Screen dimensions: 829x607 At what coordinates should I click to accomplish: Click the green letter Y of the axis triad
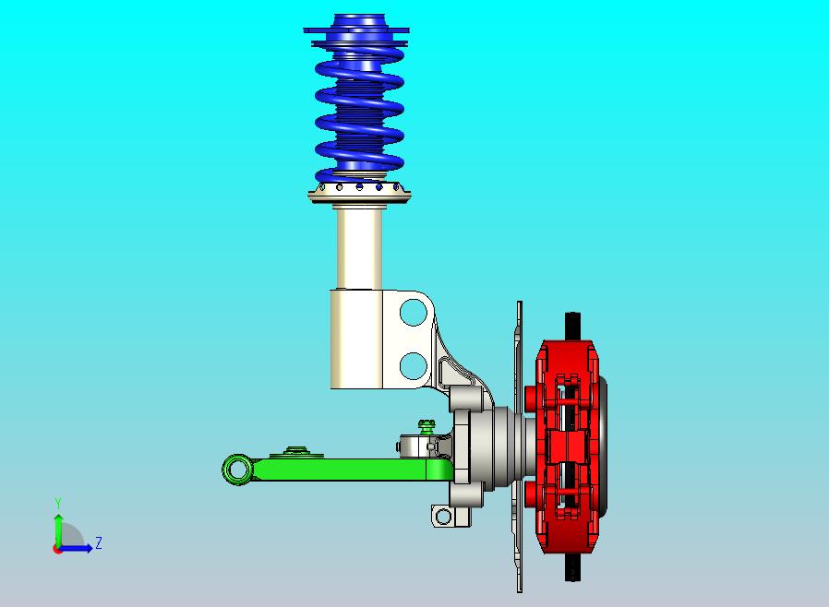pyautogui.click(x=58, y=503)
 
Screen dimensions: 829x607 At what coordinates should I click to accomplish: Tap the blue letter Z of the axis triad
pyautogui.click(x=99, y=542)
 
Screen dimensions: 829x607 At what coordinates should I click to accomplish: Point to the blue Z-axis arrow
pyautogui.click(x=76, y=548)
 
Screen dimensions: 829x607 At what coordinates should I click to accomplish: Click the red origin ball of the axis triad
pyautogui.click(x=56, y=550)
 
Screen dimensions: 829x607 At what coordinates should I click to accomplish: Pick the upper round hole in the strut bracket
pyautogui.click(x=414, y=312)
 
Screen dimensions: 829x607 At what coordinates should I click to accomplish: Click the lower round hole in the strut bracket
pyautogui.click(x=414, y=365)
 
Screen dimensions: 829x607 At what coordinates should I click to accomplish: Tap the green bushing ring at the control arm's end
pyautogui.click(x=237, y=469)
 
